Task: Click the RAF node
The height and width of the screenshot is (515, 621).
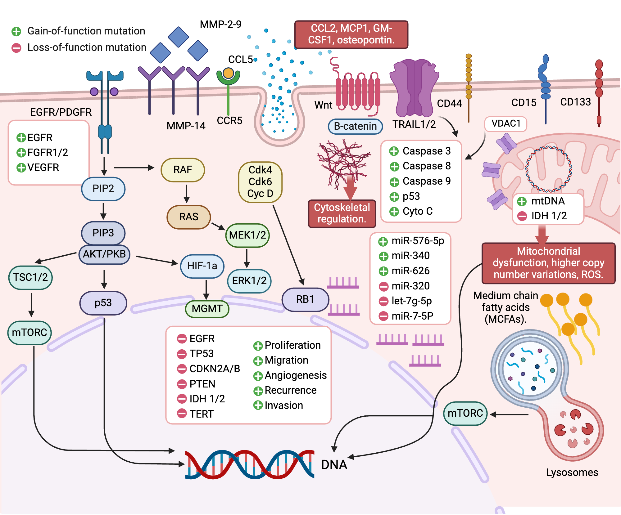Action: coord(183,170)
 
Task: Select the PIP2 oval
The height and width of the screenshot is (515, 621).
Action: coord(103,189)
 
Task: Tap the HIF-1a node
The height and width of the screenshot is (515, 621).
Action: coord(202,266)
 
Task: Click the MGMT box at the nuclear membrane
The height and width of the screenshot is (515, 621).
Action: coord(207,309)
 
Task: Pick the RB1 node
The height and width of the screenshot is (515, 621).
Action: coord(305,299)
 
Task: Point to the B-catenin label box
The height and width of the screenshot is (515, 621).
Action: coord(355,126)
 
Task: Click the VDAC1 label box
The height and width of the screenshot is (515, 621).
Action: coord(506,123)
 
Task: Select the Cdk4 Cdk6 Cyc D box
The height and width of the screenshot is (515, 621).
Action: coord(260,182)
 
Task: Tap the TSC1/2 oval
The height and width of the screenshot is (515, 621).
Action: coord(30,277)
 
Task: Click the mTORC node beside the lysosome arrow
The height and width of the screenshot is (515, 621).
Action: coord(465,413)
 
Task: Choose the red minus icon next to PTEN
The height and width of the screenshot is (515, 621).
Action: coord(182,384)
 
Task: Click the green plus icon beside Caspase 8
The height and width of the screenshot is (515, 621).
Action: coord(394,167)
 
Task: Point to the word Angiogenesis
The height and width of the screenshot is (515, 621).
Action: coord(296,375)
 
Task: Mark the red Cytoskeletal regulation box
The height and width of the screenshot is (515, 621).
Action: coord(342,213)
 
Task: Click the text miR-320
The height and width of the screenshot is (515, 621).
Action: coord(410,286)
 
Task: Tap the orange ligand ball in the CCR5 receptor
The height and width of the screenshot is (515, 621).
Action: coord(228,73)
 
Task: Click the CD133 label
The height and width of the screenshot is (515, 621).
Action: coord(575,102)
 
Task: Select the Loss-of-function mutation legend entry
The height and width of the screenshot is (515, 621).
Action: coord(86,47)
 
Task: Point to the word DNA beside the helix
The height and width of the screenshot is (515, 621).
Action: coord(334,464)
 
